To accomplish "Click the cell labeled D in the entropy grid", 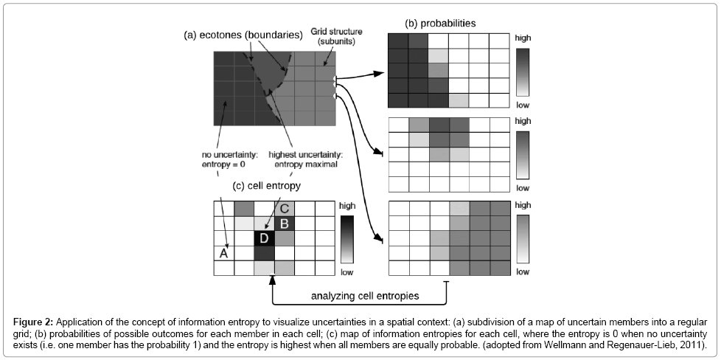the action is tap(264, 238).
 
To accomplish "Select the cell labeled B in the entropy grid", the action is tap(284, 224).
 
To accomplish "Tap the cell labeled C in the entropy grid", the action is tap(284, 209).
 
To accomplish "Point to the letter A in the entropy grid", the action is tap(224, 253).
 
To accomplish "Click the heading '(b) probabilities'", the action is tap(440, 24).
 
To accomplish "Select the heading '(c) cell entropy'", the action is tap(267, 186).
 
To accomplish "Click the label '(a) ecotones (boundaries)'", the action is tap(243, 35).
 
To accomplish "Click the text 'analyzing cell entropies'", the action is tap(365, 296).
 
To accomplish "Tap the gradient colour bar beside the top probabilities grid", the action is tap(523, 72).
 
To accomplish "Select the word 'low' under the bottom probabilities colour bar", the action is tap(523, 272).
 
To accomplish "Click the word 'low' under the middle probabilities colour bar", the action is tap(523, 188).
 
